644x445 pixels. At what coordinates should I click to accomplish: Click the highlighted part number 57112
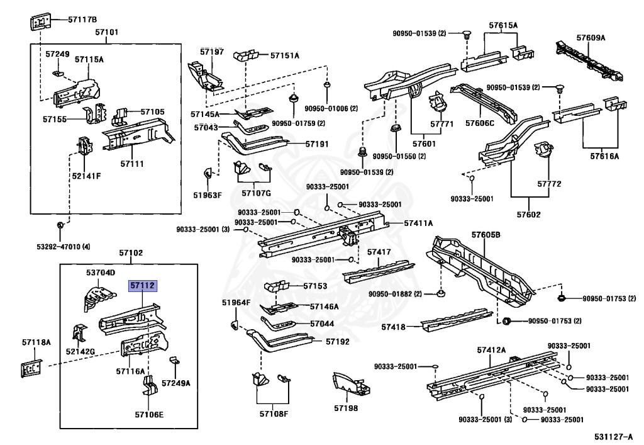142,286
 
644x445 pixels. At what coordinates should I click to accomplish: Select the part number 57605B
486,235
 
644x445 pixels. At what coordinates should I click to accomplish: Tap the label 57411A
418,223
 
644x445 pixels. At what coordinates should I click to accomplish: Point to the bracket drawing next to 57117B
39,21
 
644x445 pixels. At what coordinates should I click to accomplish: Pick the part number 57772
549,184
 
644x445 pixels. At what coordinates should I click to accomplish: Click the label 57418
394,327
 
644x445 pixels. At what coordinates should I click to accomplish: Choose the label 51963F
208,194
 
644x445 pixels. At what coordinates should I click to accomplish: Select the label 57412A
491,349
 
